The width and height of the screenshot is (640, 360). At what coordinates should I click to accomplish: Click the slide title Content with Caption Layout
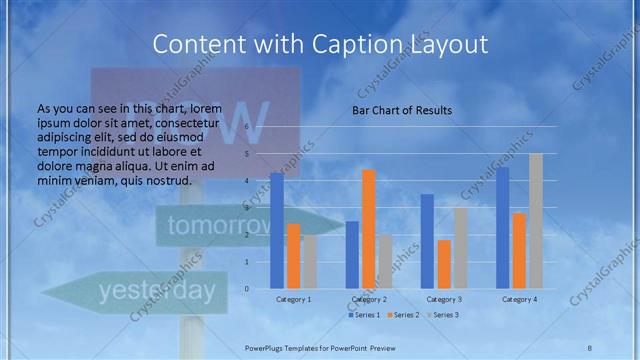[x=320, y=45]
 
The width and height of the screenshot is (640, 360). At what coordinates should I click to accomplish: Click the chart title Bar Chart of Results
[x=401, y=110]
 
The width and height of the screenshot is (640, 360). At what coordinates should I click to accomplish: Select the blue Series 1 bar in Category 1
[x=277, y=231]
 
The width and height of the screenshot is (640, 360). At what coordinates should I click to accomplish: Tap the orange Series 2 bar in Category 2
[x=369, y=229]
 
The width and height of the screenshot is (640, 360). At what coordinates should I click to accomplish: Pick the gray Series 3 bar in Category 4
[x=536, y=221]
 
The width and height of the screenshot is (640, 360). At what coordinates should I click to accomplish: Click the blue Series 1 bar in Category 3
[x=427, y=241]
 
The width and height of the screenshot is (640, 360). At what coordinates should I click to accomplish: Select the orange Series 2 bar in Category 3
[x=444, y=264]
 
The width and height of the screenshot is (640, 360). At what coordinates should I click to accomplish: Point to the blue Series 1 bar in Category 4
[x=503, y=228]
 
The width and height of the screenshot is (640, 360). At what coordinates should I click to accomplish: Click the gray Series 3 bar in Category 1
[x=310, y=262]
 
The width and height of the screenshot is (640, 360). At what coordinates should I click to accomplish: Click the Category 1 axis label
[x=294, y=299]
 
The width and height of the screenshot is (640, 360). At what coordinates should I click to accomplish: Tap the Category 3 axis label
[x=444, y=299]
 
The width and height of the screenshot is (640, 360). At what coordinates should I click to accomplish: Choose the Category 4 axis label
[x=519, y=299]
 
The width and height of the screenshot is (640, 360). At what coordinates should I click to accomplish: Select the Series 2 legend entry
[x=403, y=315]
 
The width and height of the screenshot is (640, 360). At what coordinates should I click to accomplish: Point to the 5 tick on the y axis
[x=248, y=154]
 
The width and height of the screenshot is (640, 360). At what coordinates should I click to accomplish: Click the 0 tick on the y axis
[x=248, y=289]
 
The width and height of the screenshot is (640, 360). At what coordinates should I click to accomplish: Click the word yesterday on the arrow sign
[x=156, y=291]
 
